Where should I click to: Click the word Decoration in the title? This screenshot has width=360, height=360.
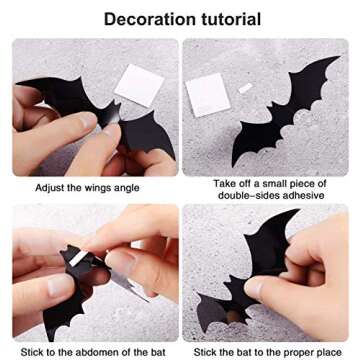tap(148, 19)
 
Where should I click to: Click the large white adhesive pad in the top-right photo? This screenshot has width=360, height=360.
tap(204, 96)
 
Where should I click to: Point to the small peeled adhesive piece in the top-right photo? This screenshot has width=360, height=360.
tap(244, 89)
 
